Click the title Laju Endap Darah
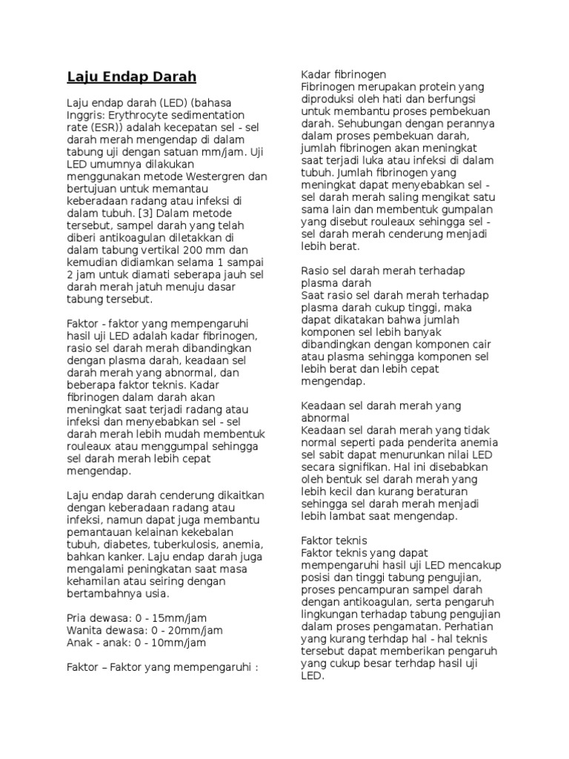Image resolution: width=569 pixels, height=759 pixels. tap(132, 76)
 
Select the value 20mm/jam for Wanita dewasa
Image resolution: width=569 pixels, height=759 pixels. tap(198, 630)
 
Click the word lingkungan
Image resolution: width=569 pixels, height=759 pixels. tap(331, 614)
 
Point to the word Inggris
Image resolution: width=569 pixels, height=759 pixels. tap(85, 116)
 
